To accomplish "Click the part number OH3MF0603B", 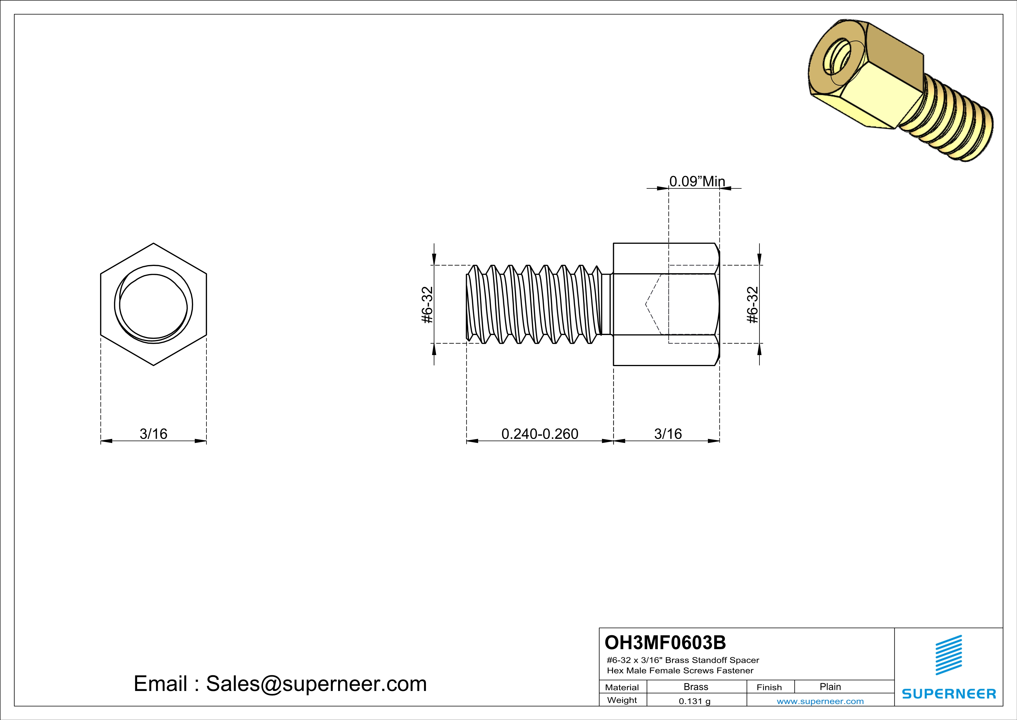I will click(665, 642).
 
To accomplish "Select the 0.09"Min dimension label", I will click(697, 181).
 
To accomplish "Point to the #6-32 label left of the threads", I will click(427, 305).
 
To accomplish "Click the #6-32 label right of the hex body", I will click(753, 305).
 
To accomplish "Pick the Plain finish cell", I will click(830, 687).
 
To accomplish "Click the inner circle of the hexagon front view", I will click(153, 306).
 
